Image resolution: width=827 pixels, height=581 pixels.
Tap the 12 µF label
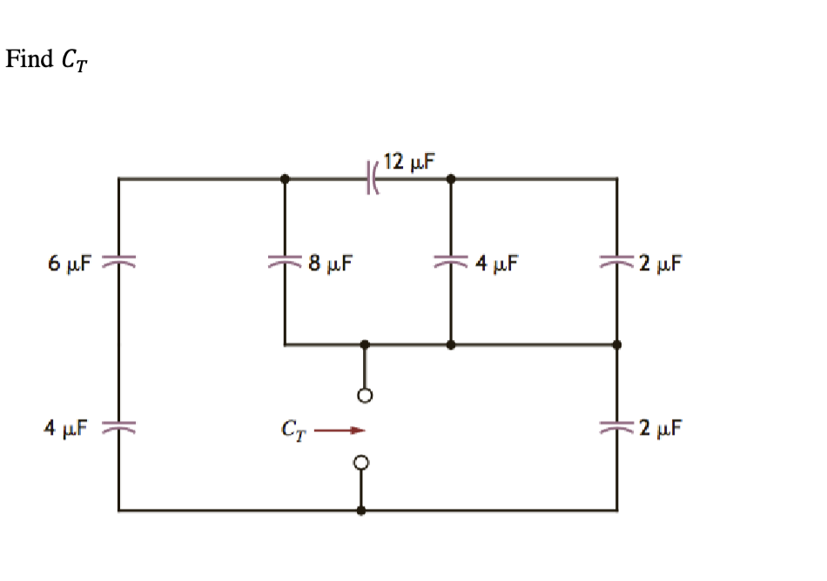point(409,161)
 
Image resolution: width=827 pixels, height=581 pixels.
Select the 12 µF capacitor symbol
point(370,179)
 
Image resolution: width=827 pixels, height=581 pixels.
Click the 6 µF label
point(71,262)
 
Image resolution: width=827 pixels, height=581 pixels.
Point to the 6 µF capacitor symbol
point(118,262)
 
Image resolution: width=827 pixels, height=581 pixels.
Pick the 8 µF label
point(329,262)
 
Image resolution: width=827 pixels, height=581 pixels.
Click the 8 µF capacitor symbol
point(285,262)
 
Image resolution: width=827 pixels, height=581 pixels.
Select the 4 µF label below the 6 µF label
point(67,428)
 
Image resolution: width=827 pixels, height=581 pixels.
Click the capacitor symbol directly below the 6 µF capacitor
point(118,428)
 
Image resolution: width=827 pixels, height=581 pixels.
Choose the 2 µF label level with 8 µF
point(658,262)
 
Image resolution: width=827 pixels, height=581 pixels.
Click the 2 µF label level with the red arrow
point(658,428)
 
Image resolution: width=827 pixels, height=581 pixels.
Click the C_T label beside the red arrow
point(292,429)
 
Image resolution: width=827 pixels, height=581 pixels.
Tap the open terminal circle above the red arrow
point(365,396)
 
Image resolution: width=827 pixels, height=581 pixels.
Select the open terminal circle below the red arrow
point(363,461)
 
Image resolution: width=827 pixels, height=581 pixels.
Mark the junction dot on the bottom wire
point(363,511)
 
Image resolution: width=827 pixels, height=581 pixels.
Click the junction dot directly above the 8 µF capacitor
point(285,179)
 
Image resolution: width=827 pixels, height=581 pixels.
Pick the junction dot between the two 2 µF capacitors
point(617,345)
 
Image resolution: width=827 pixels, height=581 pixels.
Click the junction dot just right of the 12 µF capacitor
point(450,179)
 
